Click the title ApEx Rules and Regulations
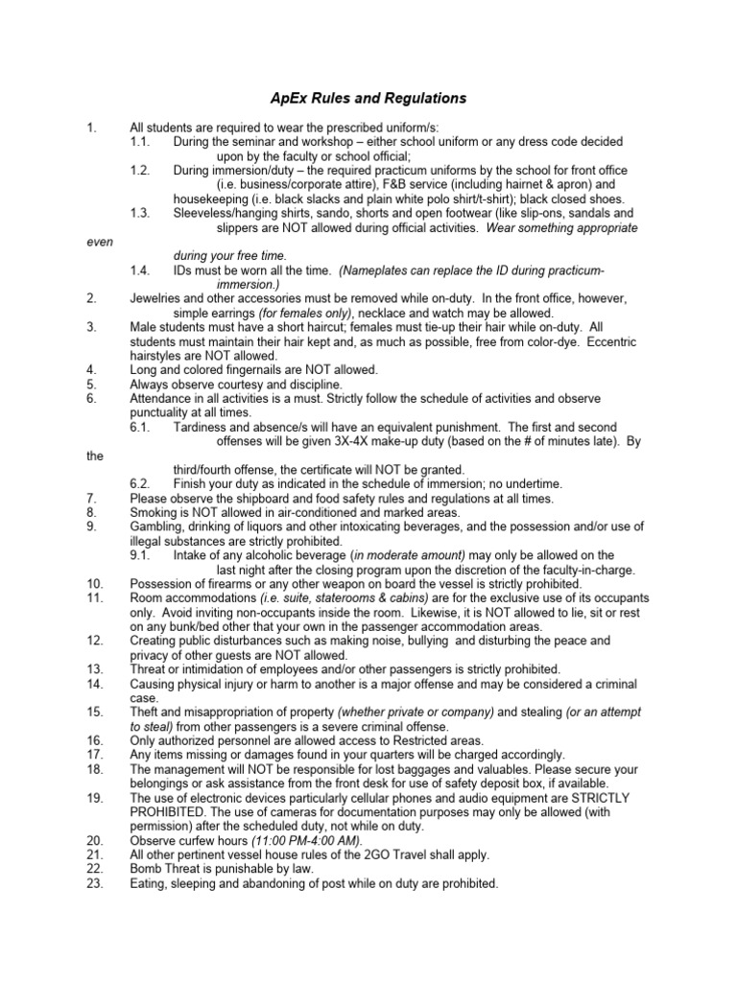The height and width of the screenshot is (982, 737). coord(365,98)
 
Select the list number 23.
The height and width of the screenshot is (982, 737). coord(94,883)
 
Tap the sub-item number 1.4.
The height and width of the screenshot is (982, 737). coord(142,271)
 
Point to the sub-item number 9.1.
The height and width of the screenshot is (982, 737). coord(142,554)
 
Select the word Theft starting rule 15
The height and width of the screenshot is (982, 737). coord(147,712)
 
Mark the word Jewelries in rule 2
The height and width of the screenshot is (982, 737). coord(159,299)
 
